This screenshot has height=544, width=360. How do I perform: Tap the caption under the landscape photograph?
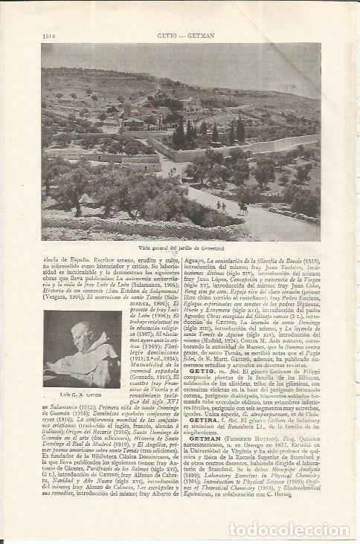180,247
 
